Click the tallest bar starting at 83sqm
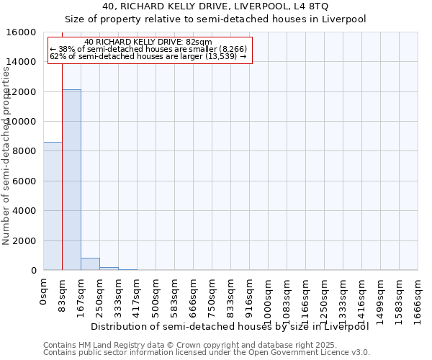[x=71, y=180]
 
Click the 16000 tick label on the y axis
[x=22, y=32]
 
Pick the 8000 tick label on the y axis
[x=25, y=151]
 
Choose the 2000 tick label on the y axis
[x=25, y=240]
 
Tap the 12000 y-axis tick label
[x=22, y=92]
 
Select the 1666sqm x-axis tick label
[x=418, y=297]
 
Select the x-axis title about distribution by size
[x=230, y=326]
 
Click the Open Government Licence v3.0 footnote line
[x=207, y=353]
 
